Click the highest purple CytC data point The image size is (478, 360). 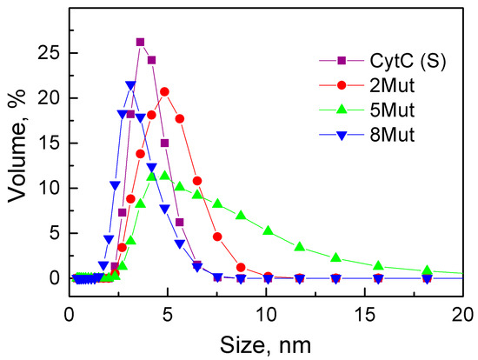(141, 42)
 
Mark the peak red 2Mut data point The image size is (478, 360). (164, 91)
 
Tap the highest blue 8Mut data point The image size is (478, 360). (130, 85)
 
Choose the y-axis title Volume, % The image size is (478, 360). (18, 151)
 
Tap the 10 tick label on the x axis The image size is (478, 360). (266, 311)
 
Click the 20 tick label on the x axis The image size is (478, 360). (462, 311)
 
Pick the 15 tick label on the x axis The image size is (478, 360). (364, 311)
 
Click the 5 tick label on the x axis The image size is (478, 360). (168, 311)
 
